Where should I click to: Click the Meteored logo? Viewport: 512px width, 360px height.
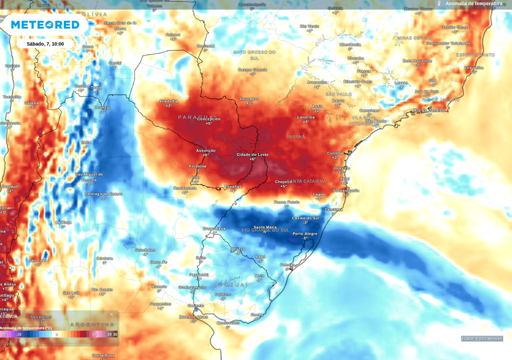[45, 24]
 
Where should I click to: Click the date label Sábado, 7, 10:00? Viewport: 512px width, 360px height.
[45, 43]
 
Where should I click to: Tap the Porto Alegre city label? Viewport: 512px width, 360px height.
[304, 233]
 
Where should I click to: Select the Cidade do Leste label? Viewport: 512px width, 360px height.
[252, 154]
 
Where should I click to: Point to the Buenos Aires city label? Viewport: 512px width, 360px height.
[193, 316]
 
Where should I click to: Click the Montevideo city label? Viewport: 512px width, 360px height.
[228, 322]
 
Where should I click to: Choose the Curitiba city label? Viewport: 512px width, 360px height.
[335, 153]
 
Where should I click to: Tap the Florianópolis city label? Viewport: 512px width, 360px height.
[346, 190]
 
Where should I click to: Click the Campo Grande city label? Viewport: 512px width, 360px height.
[252, 69]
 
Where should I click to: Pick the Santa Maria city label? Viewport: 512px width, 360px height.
[264, 227]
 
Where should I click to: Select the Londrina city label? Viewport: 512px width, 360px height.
[305, 117]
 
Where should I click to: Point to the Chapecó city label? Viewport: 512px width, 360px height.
[283, 181]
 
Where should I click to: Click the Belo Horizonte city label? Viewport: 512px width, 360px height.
[417, 60]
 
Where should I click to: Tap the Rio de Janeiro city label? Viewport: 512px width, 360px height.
[428, 110]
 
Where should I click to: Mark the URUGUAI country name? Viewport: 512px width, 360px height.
[230, 284]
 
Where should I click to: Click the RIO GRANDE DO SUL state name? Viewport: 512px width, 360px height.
[265, 230]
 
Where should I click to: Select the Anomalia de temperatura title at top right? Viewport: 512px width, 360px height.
[473, 3]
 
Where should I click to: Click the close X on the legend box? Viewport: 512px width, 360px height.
[111, 314]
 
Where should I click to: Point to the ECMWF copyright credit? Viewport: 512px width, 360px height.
[482, 338]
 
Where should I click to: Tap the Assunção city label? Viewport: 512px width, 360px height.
[205, 150]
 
